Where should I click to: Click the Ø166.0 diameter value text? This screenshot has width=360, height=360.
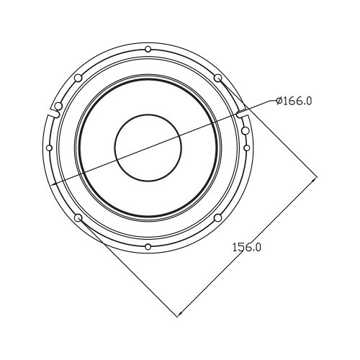[294, 101]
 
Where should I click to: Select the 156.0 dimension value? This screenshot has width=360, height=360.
[246, 247]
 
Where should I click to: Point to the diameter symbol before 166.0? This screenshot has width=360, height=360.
[279, 101]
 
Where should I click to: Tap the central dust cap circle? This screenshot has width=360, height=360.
[148, 148]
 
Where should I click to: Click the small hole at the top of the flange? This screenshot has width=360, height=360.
[148, 49]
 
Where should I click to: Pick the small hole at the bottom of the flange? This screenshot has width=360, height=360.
[148, 247]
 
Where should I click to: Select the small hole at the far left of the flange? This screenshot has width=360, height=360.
[49, 148]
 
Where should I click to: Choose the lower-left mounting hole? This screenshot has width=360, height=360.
[78, 218]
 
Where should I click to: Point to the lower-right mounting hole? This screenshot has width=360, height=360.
[217, 218]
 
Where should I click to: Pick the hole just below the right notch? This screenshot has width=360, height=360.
[246, 130]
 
